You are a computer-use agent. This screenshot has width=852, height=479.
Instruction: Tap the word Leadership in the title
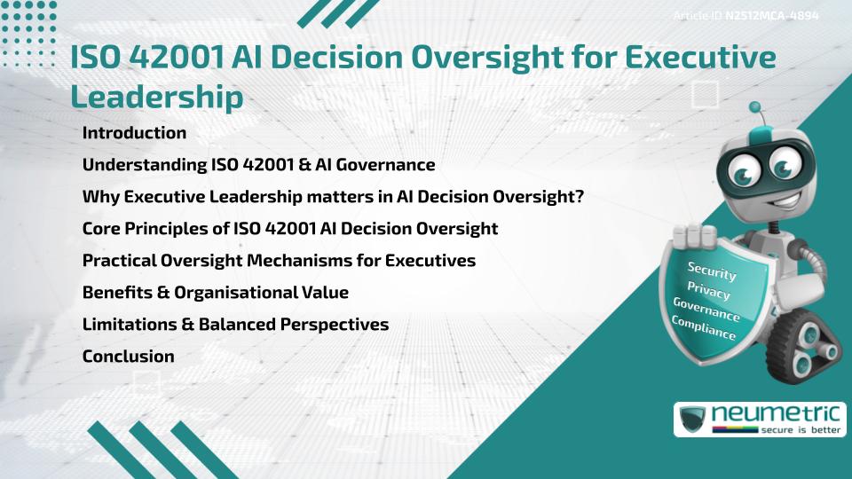(156, 97)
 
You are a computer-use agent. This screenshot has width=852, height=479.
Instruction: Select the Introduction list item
(134, 133)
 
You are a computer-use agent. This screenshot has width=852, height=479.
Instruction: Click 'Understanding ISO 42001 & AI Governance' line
(258, 165)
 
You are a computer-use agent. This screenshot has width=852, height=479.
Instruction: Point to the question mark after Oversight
(579, 197)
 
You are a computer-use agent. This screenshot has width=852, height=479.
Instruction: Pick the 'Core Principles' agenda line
(289, 229)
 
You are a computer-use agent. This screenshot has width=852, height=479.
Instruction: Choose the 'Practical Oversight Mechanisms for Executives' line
(279, 261)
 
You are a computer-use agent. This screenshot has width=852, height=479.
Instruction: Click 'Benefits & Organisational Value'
(215, 293)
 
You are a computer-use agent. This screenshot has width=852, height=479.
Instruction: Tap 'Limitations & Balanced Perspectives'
(235, 325)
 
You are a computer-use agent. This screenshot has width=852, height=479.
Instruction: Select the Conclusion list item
(128, 357)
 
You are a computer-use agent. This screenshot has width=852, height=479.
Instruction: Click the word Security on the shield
(712, 271)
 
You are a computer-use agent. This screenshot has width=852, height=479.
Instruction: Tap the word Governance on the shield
(706, 310)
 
